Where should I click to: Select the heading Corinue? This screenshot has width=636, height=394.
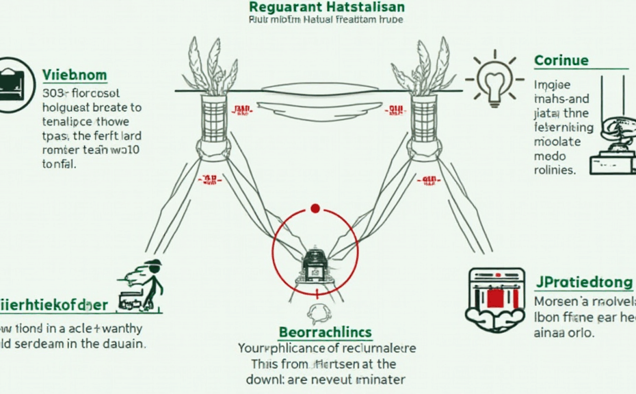pos(561,60)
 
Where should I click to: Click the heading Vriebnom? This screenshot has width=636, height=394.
pos(74,75)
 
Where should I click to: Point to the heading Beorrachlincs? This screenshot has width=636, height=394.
pos(326,333)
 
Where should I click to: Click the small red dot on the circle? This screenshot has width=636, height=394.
pos(315,208)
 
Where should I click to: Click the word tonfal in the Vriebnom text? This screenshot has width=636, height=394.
pos(59,164)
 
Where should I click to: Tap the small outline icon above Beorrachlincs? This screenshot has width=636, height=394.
pos(318,314)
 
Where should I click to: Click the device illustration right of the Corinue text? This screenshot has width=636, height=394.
pos(613,144)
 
